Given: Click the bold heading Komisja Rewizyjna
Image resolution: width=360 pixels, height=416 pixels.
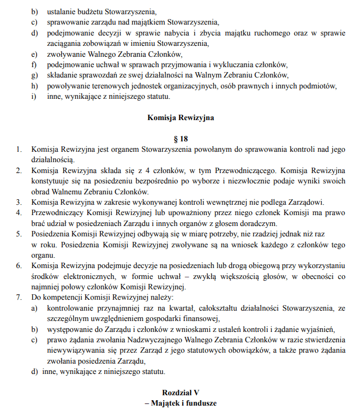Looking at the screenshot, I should click(180, 117).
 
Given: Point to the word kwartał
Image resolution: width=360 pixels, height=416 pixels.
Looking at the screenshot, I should click(157, 308).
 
